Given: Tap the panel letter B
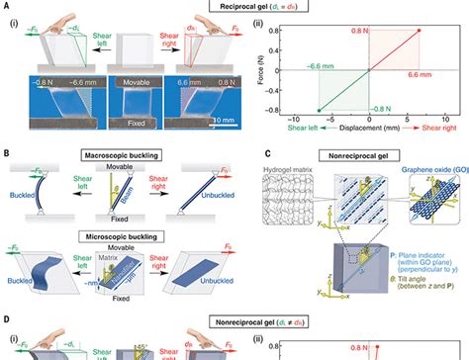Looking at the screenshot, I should (x=7, y=153).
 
